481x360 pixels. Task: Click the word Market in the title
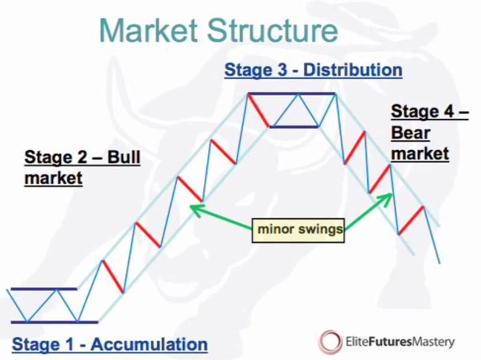(x=148, y=31)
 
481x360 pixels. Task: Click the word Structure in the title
(x=273, y=31)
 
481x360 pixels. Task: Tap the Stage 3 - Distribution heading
(x=313, y=70)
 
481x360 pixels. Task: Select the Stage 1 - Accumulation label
(x=110, y=344)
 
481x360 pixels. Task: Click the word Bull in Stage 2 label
(x=124, y=157)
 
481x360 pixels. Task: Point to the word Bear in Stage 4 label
(x=411, y=133)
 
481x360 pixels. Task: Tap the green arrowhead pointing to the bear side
(x=386, y=199)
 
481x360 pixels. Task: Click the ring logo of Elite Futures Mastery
(x=330, y=341)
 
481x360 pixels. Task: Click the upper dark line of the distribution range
(x=292, y=94)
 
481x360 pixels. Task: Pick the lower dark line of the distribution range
(x=294, y=126)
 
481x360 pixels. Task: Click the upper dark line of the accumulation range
(x=44, y=289)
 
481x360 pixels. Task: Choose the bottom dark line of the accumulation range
(x=55, y=322)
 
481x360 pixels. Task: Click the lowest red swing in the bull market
(x=112, y=277)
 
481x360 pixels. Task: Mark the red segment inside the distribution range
(x=259, y=110)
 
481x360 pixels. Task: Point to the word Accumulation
(x=149, y=344)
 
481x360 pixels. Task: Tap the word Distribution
(x=352, y=70)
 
